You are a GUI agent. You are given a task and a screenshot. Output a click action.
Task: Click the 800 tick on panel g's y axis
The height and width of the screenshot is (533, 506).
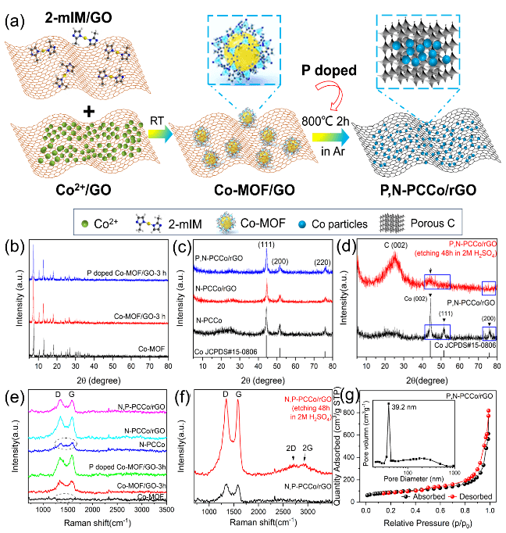(x=358, y=411)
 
